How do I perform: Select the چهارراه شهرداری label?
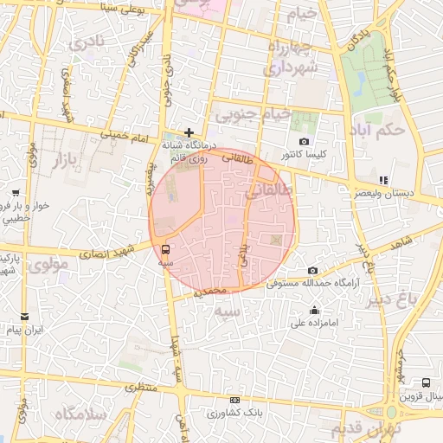(x=292, y=57)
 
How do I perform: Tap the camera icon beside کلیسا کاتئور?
(x=303, y=142)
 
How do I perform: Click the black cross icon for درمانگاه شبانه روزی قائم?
(x=189, y=132)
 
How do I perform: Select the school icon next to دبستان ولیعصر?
(x=382, y=180)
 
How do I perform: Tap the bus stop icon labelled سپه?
(x=165, y=249)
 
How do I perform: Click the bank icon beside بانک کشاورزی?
(x=234, y=401)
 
